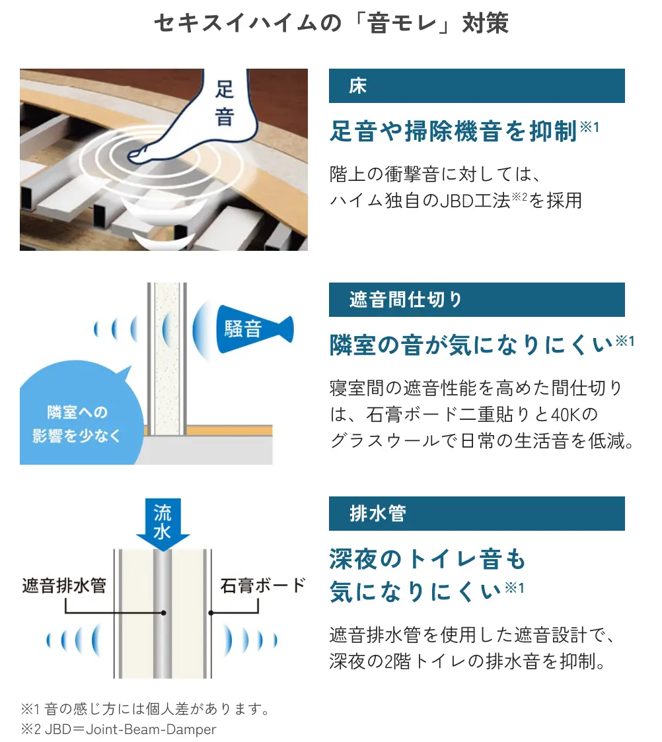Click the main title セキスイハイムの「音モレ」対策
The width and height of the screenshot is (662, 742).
point(331,24)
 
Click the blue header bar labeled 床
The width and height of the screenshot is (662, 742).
point(476,86)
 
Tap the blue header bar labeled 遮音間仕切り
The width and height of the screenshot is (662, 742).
point(476,300)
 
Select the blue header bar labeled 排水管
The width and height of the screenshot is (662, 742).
point(476,514)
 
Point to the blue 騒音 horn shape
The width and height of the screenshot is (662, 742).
point(251,329)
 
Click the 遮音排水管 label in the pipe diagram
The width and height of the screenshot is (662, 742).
point(64,586)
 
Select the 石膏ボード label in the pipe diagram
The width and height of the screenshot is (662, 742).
point(262,586)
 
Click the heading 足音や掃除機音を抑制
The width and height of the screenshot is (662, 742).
point(454,131)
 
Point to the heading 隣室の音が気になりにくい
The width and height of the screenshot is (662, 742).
point(472,345)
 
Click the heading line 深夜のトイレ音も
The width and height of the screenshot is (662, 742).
point(427,559)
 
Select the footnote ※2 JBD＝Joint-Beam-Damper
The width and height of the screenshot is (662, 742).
point(119,729)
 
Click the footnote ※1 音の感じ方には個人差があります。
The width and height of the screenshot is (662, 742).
point(145,710)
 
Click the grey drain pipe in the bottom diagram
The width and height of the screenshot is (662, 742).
point(162,614)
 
